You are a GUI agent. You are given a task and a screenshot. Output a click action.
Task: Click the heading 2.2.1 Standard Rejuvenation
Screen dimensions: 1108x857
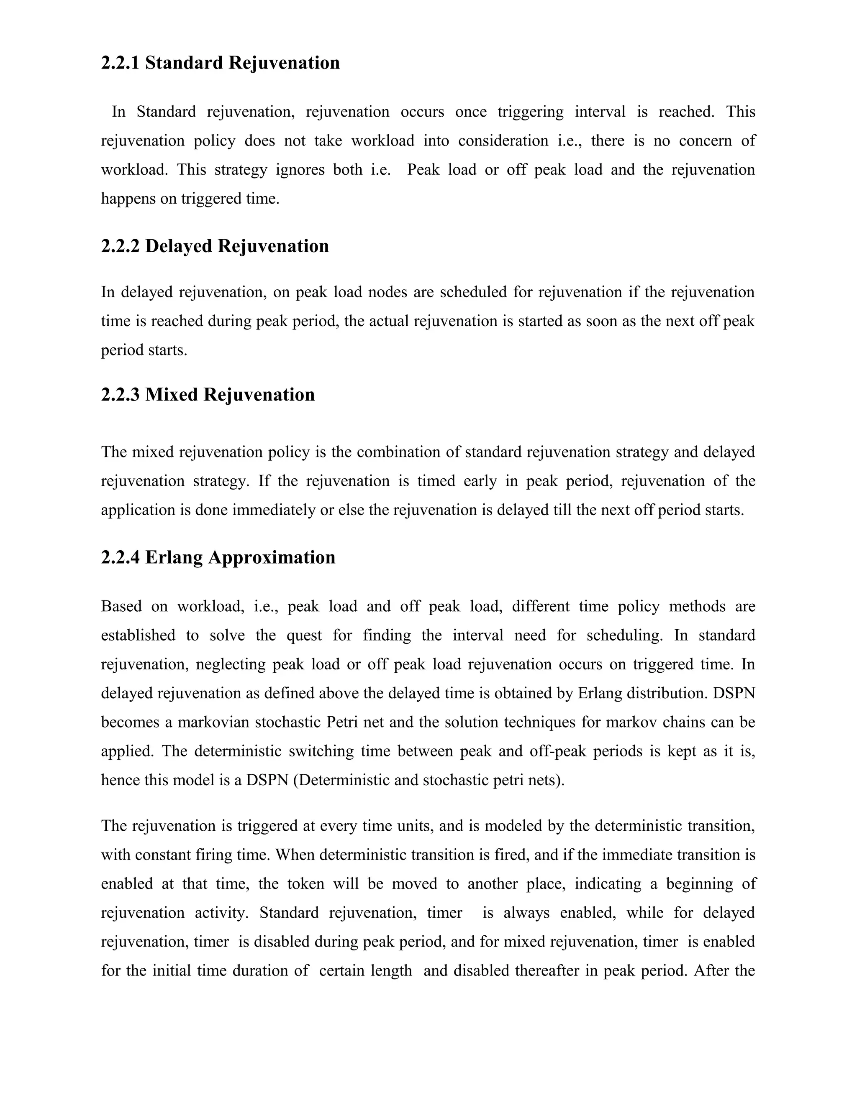(x=221, y=63)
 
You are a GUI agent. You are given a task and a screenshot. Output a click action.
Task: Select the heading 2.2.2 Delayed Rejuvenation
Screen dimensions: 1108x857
(x=215, y=246)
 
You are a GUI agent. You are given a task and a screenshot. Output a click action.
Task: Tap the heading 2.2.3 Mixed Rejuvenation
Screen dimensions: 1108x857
(x=208, y=395)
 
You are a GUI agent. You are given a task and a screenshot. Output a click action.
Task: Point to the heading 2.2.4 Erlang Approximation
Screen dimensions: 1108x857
(x=218, y=557)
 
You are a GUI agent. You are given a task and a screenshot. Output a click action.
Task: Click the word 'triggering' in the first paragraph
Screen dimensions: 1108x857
(x=530, y=112)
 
